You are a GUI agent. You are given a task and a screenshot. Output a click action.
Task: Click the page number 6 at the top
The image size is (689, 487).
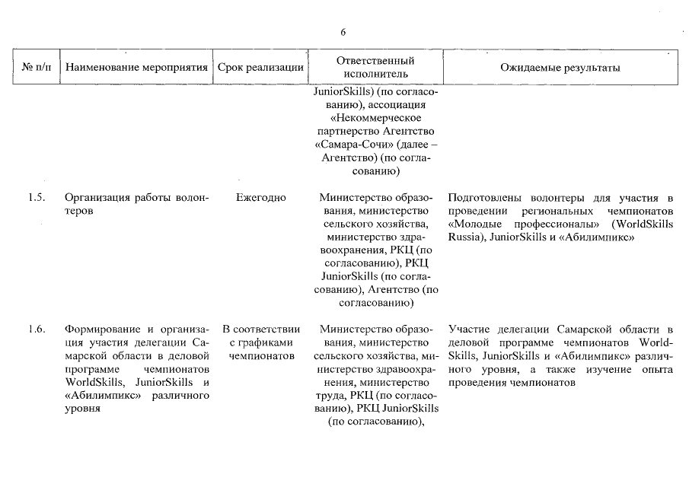click(x=343, y=33)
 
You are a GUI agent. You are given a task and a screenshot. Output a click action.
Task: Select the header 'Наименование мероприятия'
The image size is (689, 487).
click(x=136, y=68)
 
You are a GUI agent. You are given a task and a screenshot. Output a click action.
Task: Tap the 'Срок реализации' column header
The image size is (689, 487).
click(x=260, y=68)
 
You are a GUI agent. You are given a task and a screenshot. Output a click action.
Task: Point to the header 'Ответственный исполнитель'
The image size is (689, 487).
click(x=375, y=67)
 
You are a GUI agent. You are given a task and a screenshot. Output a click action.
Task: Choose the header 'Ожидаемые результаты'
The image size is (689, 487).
click(x=560, y=68)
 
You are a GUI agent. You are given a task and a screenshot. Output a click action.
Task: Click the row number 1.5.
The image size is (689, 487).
click(x=36, y=198)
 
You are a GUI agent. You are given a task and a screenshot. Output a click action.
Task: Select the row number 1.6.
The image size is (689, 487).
click(x=36, y=329)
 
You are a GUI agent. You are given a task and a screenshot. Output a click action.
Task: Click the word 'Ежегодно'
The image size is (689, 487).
click(x=260, y=198)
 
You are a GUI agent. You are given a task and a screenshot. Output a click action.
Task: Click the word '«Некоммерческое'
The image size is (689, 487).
click(x=375, y=119)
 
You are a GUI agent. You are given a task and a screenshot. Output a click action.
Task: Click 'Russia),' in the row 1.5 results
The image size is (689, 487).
click(x=466, y=237)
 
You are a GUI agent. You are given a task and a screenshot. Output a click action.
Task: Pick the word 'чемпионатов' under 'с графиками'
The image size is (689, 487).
click(x=260, y=355)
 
